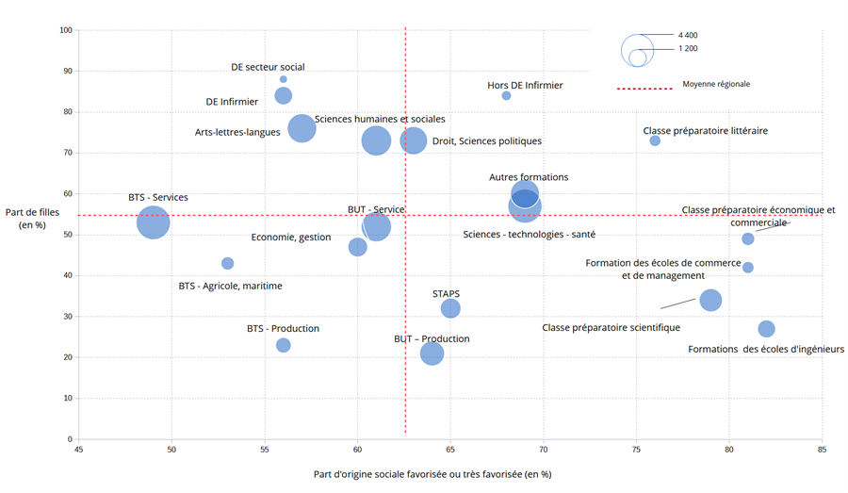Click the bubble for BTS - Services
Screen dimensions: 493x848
[153, 222]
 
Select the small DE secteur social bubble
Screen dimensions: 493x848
[283, 79]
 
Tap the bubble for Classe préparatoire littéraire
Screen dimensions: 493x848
[655, 140]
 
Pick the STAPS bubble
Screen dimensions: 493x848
[450, 308]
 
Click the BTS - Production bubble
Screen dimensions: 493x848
[283, 345]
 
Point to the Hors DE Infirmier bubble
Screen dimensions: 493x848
[506, 95]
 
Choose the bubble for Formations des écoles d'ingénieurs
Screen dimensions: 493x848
[766, 329]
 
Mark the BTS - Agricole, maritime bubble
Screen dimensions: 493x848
[227, 264]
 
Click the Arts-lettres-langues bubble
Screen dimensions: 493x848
[302, 128]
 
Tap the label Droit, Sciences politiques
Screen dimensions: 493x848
[487, 141]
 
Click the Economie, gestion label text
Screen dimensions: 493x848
[291, 238]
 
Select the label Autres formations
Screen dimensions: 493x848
[529, 177]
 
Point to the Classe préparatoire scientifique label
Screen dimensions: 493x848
[611, 328]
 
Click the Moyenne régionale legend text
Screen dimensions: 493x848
[716, 84]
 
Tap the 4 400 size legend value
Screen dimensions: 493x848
[688, 35]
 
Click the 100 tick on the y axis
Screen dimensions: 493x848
[66, 30]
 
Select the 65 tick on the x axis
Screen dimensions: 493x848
[450, 450]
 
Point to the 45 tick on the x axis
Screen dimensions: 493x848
[78, 450]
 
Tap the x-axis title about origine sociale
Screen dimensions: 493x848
[432, 474]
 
